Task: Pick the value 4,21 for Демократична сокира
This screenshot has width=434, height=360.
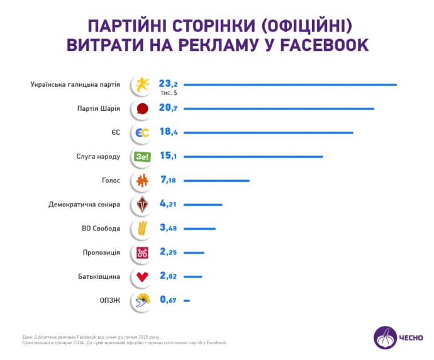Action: coord(169,205)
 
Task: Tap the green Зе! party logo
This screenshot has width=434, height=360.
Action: coord(142,157)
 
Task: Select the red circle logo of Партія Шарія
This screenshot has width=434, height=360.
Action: coord(142,109)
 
